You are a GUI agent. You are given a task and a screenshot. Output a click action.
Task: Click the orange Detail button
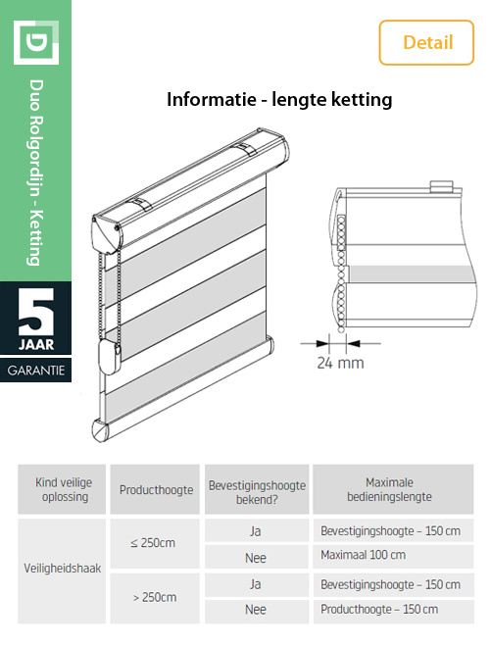click(x=427, y=42)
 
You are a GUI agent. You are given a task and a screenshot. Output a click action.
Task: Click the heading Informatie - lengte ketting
click(x=279, y=99)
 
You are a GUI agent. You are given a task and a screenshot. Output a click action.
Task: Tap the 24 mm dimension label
click(x=340, y=363)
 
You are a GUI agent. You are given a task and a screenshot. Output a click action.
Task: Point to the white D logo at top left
click(x=35, y=42)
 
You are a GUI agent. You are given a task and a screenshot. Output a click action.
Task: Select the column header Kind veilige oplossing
click(x=62, y=489)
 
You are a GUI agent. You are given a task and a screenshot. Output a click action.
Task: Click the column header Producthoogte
click(x=152, y=489)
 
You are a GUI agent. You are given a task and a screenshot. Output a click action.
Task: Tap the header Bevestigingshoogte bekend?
click(x=257, y=489)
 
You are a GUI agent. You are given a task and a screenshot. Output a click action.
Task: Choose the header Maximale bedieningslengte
click(x=390, y=489)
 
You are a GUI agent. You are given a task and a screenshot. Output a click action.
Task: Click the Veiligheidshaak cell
click(x=62, y=569)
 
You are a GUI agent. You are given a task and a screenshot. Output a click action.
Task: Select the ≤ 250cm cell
click(x=152, y=542)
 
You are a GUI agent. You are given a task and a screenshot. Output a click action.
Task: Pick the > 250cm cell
click(x=152, y=596)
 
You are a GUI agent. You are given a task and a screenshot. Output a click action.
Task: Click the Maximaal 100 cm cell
click(x=363, y=556)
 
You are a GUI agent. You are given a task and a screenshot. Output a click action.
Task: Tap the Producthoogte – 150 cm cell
click(x=376, y=609)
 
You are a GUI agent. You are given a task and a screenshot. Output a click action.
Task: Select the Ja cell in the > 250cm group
click(x=257, y=583)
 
